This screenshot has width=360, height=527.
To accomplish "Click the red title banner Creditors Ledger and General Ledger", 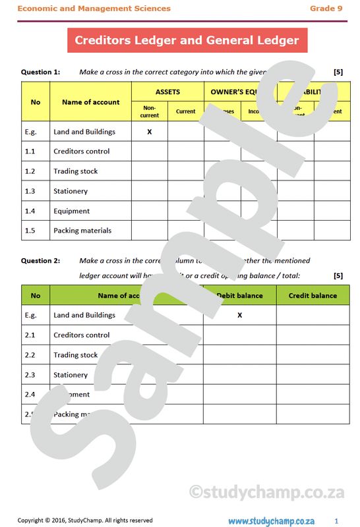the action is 187,40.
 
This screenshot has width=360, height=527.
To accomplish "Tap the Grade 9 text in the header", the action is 327,9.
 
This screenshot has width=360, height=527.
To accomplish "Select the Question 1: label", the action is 40,72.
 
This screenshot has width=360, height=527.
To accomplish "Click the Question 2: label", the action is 40,261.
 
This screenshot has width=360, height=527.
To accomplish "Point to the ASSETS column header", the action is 167,92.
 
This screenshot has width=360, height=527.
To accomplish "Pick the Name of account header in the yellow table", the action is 90,102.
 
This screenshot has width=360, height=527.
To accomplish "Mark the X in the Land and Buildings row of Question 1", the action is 150,132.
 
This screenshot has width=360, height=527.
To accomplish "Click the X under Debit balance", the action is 239,316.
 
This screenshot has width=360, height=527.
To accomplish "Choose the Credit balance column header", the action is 313,296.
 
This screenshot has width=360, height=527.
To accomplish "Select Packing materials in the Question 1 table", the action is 82,231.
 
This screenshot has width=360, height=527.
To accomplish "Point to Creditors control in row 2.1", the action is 81,335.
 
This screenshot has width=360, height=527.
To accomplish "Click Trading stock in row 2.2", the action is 75,355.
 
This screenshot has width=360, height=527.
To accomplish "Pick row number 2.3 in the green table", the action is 30,375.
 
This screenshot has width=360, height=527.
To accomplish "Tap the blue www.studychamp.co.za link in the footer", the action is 272,520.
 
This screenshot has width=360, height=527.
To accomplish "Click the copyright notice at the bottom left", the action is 85,520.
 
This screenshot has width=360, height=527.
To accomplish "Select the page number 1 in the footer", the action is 336,520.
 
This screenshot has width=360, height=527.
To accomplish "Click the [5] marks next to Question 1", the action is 338,72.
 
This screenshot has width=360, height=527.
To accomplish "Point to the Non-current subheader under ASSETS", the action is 150,111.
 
